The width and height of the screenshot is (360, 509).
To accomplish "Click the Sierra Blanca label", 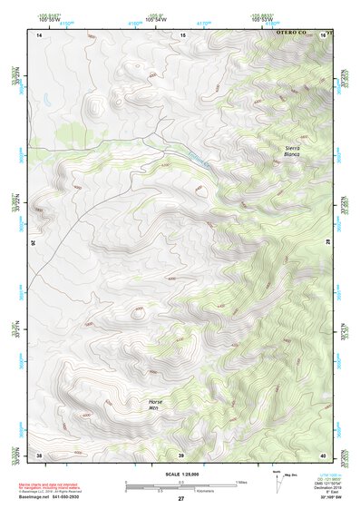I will [x=291, y=151].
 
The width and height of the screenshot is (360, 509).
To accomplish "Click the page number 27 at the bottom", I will [x=180, y=499].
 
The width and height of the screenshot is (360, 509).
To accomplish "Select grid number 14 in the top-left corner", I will [x=39, y=34].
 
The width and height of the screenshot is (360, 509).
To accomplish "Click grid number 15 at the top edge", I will [x=182, y=34].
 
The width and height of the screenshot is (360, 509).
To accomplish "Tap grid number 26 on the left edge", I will [x=33, y=243].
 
